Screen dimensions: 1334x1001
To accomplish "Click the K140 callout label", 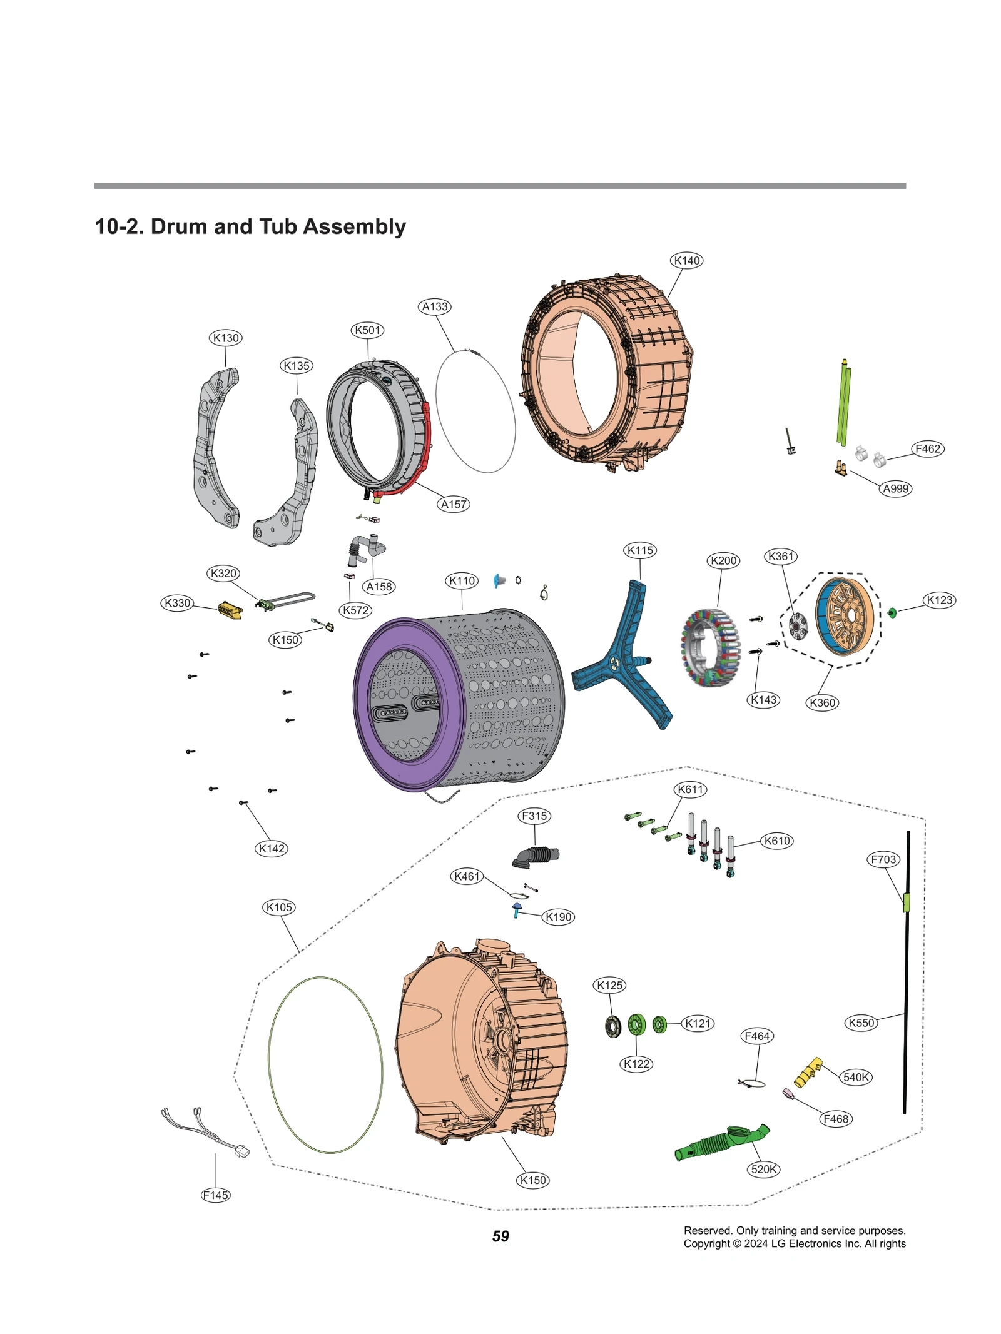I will click(686, 261).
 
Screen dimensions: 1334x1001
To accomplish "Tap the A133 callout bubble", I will click(435, 306).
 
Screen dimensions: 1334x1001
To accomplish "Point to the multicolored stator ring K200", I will click(710, 648).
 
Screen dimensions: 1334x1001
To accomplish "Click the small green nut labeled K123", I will click(892, 612).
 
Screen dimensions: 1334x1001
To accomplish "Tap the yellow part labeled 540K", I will click(808, 1072).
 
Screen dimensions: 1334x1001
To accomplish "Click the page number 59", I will click(500, 1236).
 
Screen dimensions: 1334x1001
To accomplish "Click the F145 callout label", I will click(215, 1195).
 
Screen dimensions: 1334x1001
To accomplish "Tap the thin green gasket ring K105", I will click(269, 1063).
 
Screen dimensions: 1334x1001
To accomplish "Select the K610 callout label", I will click(777, 841).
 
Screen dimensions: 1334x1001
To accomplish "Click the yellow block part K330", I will click(230, 610).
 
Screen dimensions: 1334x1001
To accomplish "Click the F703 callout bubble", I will click(883, 859).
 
